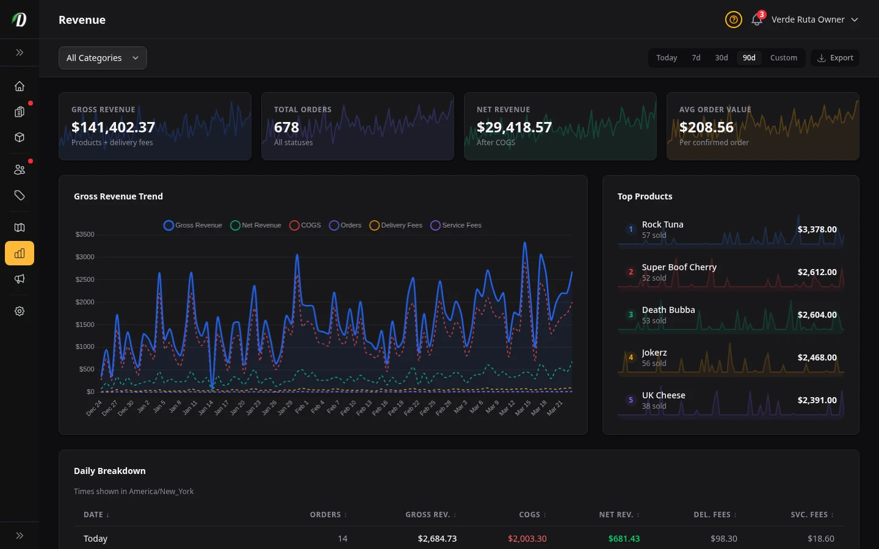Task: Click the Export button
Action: pos(835,58)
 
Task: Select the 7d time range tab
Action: pos(696,58)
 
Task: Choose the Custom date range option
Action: pos(783,58)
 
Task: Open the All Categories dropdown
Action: pos(103,58)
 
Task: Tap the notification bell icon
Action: pos(756,20)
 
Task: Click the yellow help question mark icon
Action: pos(733,20)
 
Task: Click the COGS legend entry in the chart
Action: pos(305,225)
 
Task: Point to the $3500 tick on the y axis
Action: pos(85,234)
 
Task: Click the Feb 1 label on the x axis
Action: pos(302,407)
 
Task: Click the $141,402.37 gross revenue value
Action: pos(113,127)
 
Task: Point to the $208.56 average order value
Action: pos(706,127)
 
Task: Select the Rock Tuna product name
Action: pos(662,224)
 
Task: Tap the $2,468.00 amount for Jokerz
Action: pos(817,357)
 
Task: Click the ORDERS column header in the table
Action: pos(325,515)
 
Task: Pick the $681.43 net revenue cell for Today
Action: pos(624,539)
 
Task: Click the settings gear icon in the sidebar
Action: pos(20,311)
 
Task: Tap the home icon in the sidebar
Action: pos(20,86)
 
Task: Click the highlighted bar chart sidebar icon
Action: pos(20,253)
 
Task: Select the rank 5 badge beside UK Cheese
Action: pos(631,400)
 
